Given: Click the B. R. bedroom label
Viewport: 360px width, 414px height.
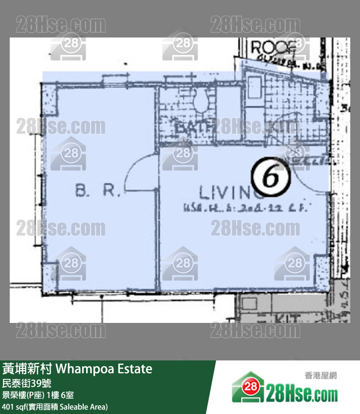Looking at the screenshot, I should point(97,191).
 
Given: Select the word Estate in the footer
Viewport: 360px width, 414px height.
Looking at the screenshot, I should point(132,369).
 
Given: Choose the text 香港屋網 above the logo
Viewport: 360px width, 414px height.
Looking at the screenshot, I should point(321,375).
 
